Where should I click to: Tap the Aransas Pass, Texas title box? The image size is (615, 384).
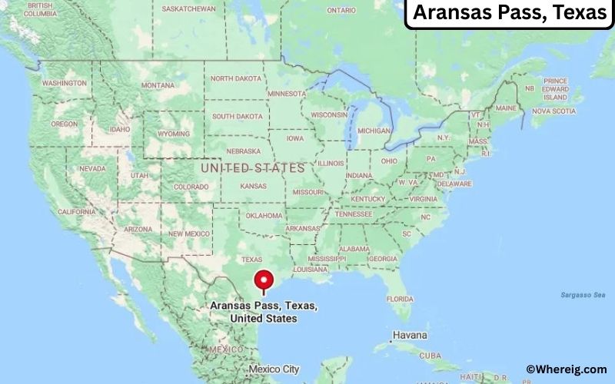pyautogui.click(x=508, y=14)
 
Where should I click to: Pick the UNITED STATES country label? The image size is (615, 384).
pyautogui.click(x=252, y=167)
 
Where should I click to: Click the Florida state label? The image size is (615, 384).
pyautogui.click(x=401, y=298)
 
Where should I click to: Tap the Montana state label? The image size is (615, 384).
pyautogui.click(x=158, y=84)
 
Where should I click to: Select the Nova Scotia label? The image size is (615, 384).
pyautogui.click(x=553, y=111)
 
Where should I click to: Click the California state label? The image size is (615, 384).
pyautogui.click(x=76, y=211)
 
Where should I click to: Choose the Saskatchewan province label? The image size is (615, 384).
pyautogui.click(x=189, y=9)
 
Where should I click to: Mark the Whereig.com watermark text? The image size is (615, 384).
pyautogui.click(x=567, y=369)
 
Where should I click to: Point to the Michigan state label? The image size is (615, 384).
pyautogui.click(x=374, y=131)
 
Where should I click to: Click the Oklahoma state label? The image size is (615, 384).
pyautogui.click(x=264, y=216)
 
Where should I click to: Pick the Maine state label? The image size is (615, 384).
pyautogui.click(x=505, y=108)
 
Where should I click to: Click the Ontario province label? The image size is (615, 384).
pyautogui.click(x=341, y=10)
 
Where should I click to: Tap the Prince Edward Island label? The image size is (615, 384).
pyautogui.click(x=554, y=89)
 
